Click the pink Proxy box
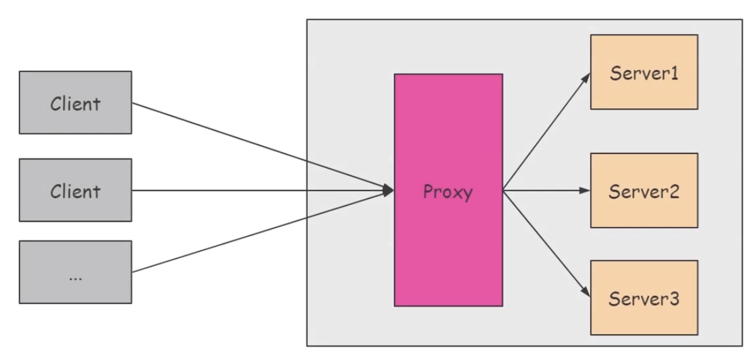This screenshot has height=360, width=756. click(448, 242)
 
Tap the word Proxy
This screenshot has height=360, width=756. click(448, 193)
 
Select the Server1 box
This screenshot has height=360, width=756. click(644, 72)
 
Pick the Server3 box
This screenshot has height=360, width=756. click(644, 298)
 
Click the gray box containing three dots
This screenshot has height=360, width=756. click(75, 272)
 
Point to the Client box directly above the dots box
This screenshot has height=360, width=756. click(75, 190)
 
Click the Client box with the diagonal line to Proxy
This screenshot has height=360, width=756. click(75, 102)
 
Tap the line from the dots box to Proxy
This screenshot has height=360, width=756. click(260, 232)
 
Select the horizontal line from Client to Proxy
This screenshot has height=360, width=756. click(260, 191)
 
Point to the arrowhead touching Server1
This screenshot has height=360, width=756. click(586, 79)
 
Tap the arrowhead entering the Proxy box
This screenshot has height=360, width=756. click(388, 191)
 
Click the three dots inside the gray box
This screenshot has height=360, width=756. click(75, 278)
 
